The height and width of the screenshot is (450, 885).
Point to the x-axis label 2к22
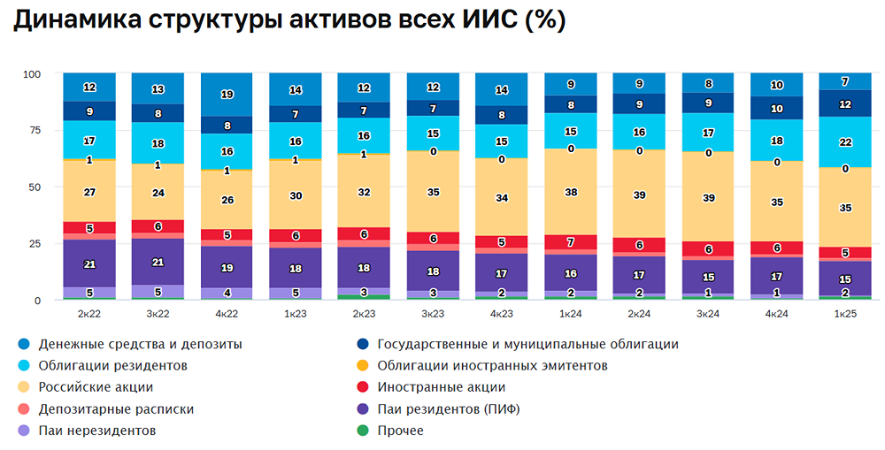point(89,313)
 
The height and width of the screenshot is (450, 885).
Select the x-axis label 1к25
point(846,313)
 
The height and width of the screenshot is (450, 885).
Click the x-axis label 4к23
point(502,313)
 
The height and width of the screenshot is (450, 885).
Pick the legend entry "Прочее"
point(400,431)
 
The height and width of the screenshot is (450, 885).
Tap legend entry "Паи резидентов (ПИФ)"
point(448,409)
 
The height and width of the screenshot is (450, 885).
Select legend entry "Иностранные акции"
point(441,387)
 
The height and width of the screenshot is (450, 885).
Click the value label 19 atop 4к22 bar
point(227,95)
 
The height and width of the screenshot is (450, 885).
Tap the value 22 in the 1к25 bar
point(846,143)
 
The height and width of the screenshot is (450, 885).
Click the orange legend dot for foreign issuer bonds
point(362,366)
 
